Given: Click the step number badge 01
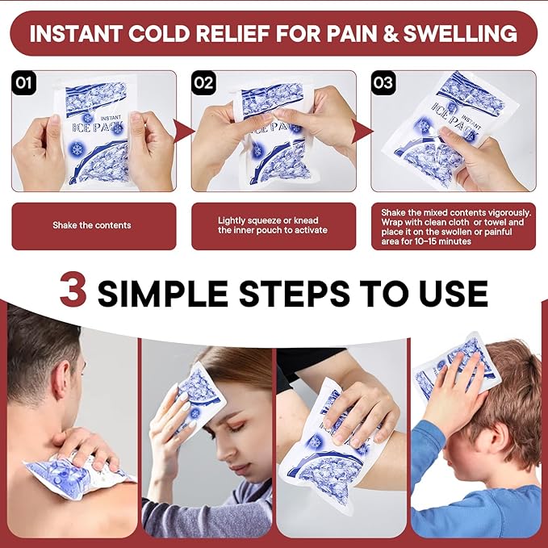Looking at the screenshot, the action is click(23, 83).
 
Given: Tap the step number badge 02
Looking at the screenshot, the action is click(203, 83).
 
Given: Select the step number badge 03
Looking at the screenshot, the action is click(383, 83).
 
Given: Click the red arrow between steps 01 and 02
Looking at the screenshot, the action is click(184, 131).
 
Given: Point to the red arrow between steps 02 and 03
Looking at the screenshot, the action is click(362, 131).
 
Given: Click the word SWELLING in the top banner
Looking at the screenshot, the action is click(460, 34).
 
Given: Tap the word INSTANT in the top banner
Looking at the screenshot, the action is click(76, 34).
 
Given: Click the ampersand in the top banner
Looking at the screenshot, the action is click(391, 34).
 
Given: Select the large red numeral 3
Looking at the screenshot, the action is click(73, 289).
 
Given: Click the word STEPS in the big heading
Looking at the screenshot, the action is click(295, 293).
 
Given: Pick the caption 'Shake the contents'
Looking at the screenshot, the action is click(92, 225).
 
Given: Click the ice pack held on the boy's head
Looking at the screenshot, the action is click(457, 368).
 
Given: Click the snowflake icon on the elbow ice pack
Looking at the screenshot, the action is click(316, 442).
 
